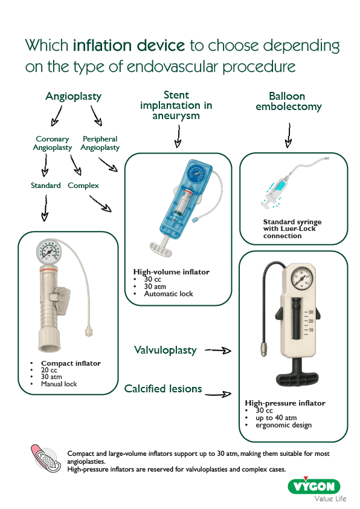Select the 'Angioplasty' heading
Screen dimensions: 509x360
(x=73, y=97)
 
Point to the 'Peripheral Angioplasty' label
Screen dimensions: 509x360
(x=100, y=143)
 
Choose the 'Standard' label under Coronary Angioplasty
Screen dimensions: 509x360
(x=45, y=186)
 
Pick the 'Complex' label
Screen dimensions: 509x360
(x=83, y=186)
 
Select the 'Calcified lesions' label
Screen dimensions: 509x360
(x=163, y=389)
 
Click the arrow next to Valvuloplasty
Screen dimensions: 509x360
(x=218, y=350)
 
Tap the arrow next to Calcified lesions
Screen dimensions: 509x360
(x=218, y=394)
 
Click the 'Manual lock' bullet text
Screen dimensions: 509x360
(x=59, y=384)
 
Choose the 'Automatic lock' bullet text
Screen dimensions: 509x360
(x=168, y=294)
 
